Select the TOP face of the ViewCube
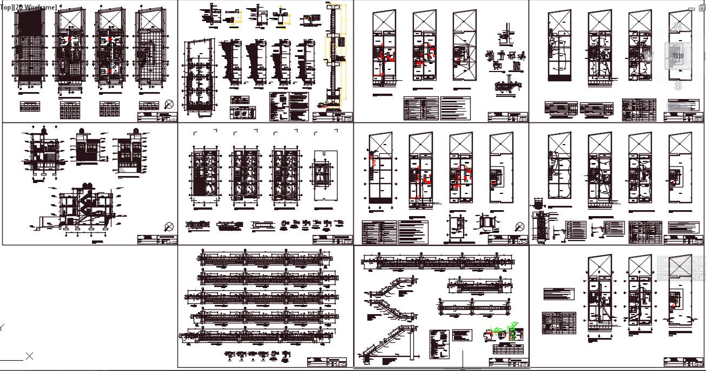pyautogui.click(x=677, y=55)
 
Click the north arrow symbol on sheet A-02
pyautogui.click(x=169, y=226)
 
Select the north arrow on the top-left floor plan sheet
pyautogui.click(x=169, y=105)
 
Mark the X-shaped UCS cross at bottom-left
pyautogui.click(x=30, y=356)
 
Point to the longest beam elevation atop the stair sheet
pyautogui.click(x=438, y=263)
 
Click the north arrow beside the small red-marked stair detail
pyautogui.click(x=520, y=226)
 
